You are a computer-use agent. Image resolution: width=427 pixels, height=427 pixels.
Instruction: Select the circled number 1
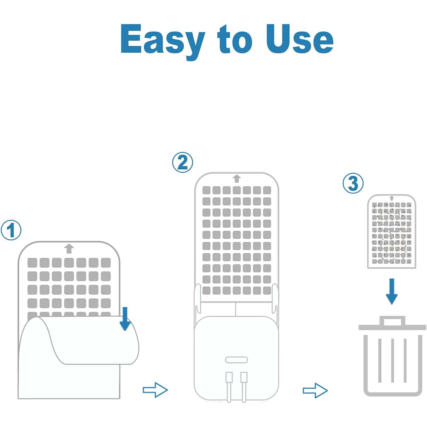click(x=11, y=230)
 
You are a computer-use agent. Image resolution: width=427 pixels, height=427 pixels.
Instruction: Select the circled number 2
click(x=182, y=162)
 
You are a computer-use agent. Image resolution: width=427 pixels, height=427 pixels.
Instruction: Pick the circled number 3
click(x=353, y=183)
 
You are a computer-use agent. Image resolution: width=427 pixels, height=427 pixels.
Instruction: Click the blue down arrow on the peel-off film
click(x=125, y=319)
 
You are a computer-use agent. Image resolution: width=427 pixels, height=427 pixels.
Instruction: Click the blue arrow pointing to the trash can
click(x=392, y=291)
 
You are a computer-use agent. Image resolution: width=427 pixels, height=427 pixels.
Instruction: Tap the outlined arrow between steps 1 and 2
click(x=155, y=390)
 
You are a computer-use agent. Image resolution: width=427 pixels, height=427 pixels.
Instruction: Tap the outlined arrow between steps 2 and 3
click(x=315, y=390)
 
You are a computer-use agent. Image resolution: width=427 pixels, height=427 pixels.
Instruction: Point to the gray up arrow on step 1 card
click(x=69, y=249)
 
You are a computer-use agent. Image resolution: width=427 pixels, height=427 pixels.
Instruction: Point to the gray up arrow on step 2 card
click(x=237, y=179)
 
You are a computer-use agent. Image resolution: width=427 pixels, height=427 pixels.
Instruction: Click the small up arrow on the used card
click(x=392, y=198)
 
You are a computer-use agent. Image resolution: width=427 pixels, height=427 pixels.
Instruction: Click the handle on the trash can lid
click(x=392, y=321)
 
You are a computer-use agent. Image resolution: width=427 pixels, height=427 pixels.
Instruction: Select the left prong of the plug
click(x=229, y=387)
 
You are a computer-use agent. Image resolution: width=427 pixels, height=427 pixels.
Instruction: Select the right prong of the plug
click(x=244, y=387)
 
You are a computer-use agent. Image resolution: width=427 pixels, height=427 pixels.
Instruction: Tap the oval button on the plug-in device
click(x=237, y=360)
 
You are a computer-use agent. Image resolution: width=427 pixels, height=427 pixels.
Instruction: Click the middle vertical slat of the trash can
click(x=393, y=360)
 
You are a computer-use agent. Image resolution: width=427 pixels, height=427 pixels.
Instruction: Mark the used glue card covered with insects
click(x=392, y=231)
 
